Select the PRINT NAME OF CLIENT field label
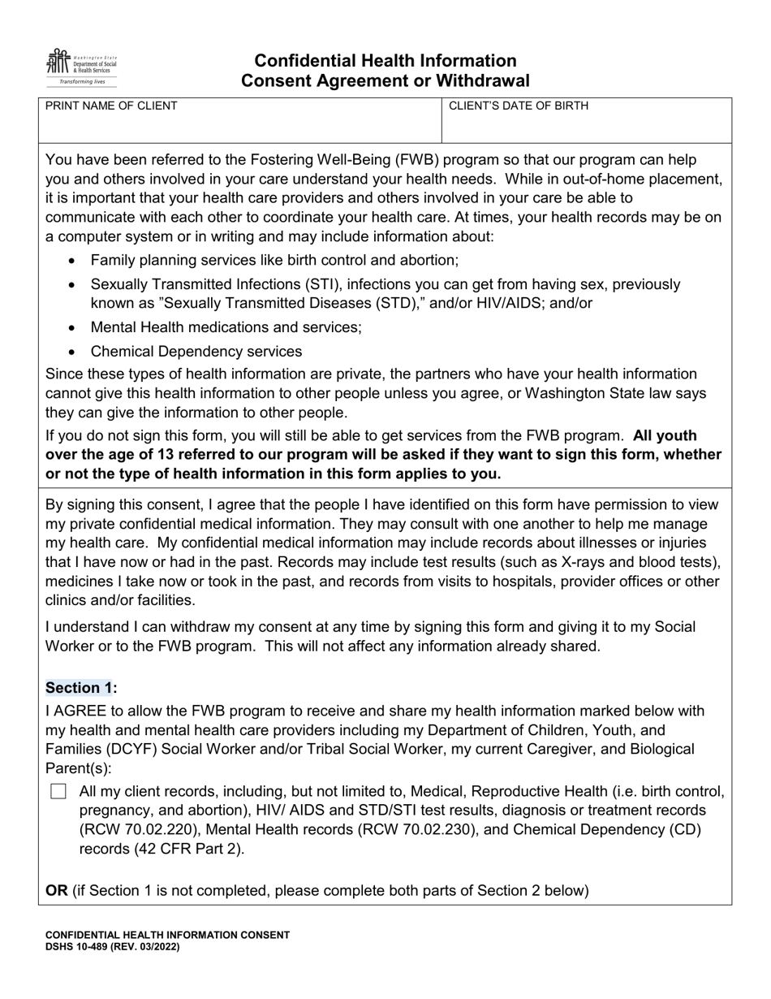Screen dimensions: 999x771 coord(111,106)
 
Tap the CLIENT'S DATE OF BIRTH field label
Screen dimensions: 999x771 coord(519,106)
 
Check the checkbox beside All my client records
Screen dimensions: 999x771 coord(58,791)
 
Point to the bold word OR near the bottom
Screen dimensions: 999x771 coord(57,890)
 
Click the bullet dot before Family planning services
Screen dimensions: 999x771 coord(73,262)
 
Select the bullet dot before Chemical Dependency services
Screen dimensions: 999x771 coord(73,352)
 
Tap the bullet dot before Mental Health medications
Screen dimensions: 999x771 coord(73,328)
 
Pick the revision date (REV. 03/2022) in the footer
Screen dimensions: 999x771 coord(149,947)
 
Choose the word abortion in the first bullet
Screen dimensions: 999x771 coord(429,261)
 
